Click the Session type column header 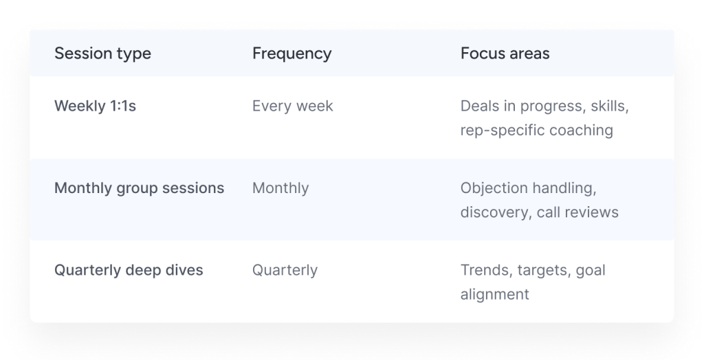pos(103,54)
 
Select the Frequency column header pos(291,54)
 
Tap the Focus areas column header pos(505,54)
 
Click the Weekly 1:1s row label pos(95,106)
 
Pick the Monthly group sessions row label pos(139,188)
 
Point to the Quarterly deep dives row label pos(129,270)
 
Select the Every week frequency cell pos(293,106)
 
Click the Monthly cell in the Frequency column pos(280,188)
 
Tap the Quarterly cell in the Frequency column pos(285,271)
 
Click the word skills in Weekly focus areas pos(610,106)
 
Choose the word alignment pos(495,295)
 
